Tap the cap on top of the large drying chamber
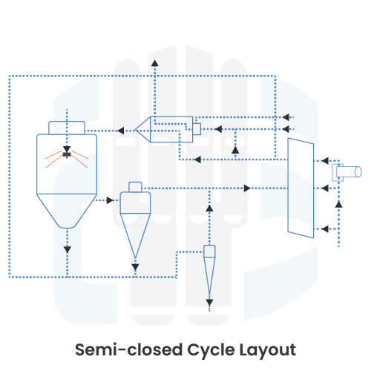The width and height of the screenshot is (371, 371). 68,128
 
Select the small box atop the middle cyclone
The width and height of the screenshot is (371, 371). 135,185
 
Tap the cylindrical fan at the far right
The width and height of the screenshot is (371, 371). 347,172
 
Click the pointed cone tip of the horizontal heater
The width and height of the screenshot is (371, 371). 139,130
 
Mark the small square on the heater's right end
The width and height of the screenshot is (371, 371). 197,129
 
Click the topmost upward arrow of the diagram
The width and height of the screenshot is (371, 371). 154,61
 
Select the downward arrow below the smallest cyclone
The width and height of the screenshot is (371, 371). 209,302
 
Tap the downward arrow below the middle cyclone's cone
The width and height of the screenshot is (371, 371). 135,265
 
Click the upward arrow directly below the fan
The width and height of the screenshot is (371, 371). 338,201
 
